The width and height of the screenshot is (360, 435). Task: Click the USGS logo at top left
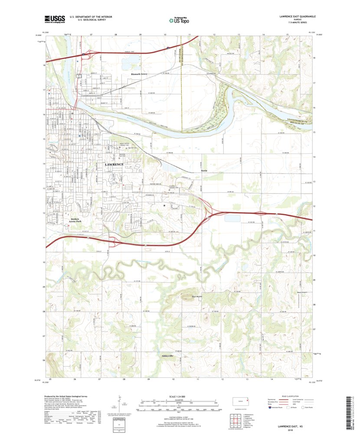(x=54, y=19)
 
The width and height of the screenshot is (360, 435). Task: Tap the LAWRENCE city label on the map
(x=114, y=165)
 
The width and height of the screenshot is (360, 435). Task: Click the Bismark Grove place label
(x=139, y=74)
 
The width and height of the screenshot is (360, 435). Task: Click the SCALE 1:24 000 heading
(x=180, y=396)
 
